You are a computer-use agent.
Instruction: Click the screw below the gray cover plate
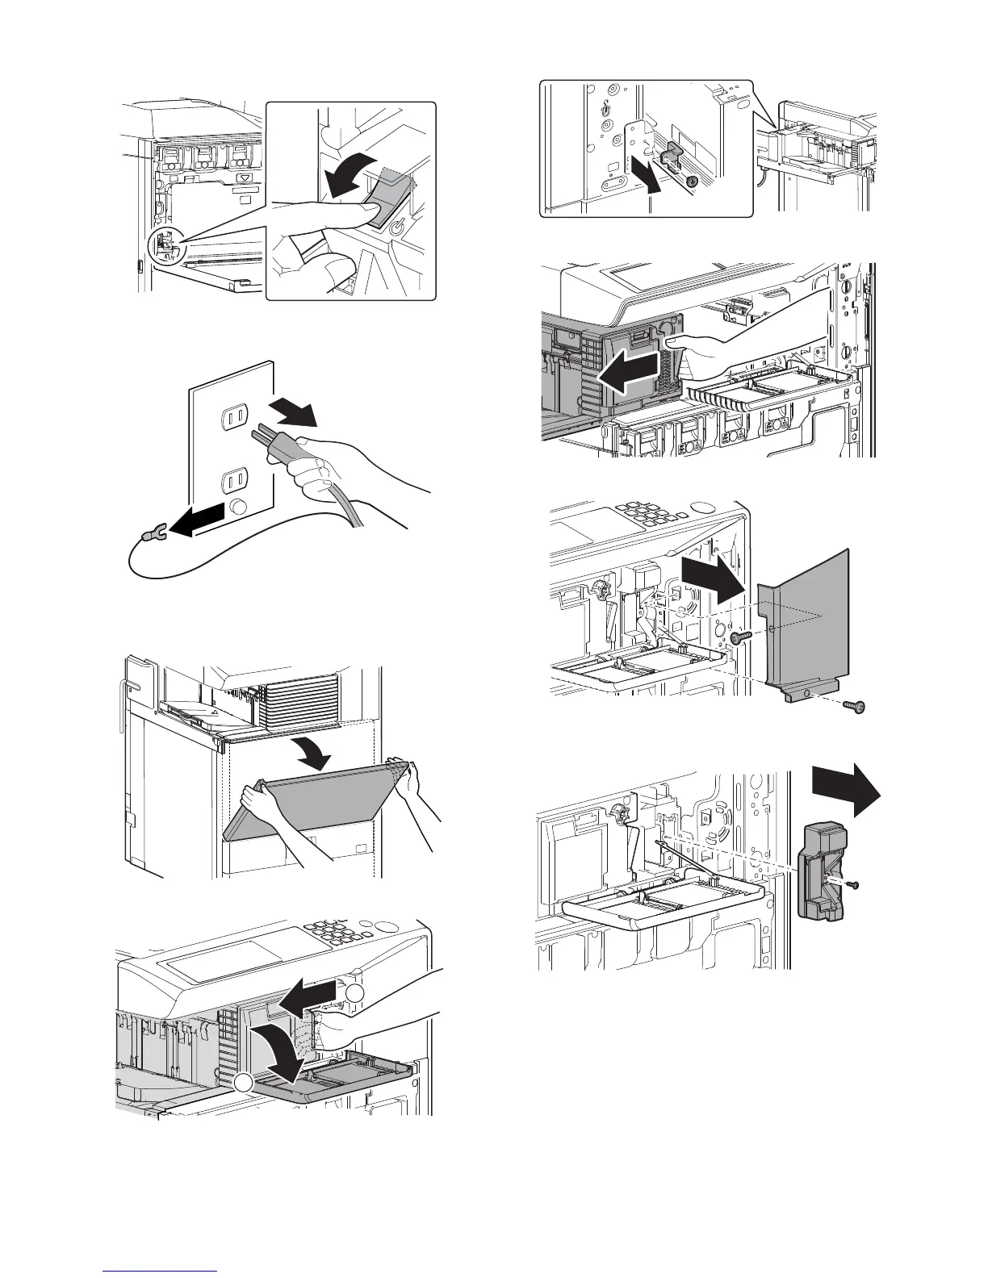pos(855,708)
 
